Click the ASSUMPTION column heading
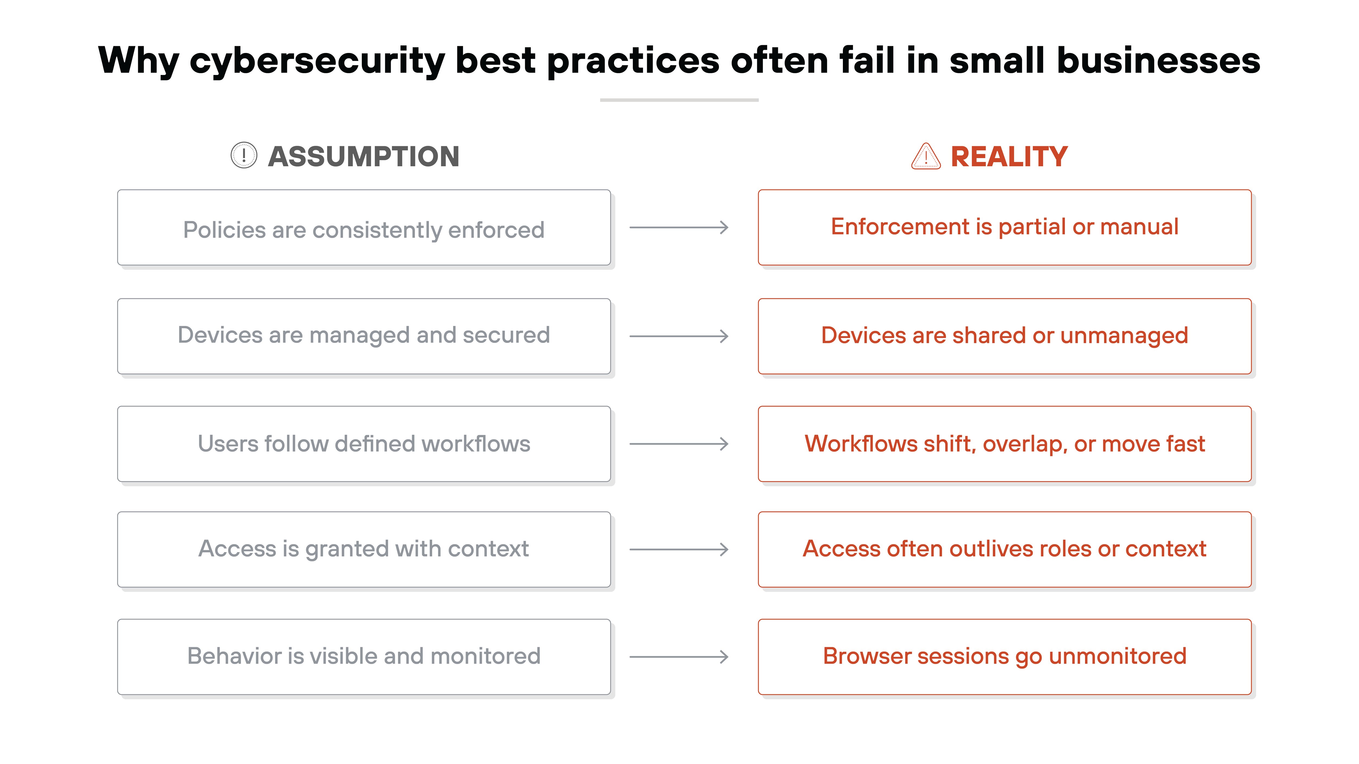pyautogui.click(x=363, y=156)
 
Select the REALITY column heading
pyautogui.click(x=1009, y=156)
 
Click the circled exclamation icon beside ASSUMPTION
pyautogui.click(x=244, y=155)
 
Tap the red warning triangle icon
pyautogui.click(x=925, y=156)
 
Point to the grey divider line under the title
pyautogui.click(x=679, y=100)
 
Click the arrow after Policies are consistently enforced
pyautogui.click(x=679, y=228)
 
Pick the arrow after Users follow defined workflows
pyautogui.click(x=679, y=444)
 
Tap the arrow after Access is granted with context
pyautogui.click(x=679, y=549)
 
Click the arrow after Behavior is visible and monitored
pyautogui.click(x=679, y=657)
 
